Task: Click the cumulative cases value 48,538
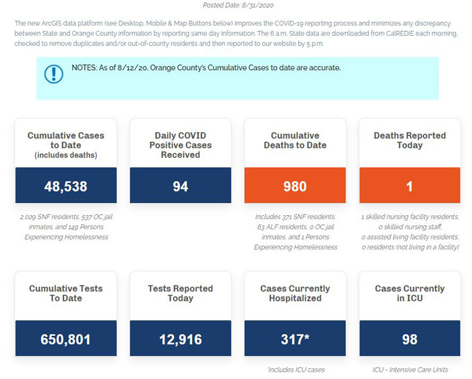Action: [65, 186]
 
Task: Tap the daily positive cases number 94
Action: [180, 186]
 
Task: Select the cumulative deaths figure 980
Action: [295, 186]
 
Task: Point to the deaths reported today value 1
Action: [409, 186]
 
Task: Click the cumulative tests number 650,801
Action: [65, 339]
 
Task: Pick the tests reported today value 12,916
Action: [180, 339]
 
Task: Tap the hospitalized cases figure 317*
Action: [295, 339]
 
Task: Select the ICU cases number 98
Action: [410, 339]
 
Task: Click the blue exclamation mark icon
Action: [53, 74]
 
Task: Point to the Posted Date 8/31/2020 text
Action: [238, 5]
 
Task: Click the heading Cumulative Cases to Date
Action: [66, 140]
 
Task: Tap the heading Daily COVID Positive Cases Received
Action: [180, 145]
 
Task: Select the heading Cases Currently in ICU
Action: [410, 293]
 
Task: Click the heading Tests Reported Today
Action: [180, 293]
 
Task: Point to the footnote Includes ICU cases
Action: [296, 370]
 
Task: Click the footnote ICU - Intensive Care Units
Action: [410, 370]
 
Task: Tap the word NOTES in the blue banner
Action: [84, 67]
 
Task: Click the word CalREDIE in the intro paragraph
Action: [400, 34]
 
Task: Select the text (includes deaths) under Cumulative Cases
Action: [66, 155]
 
